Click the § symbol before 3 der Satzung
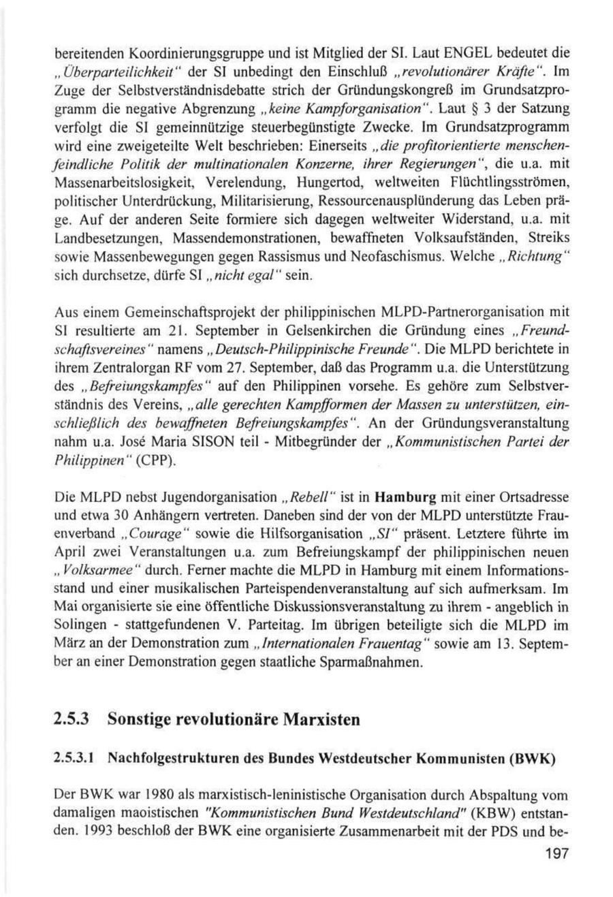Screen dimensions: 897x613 [x=443, y=107]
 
